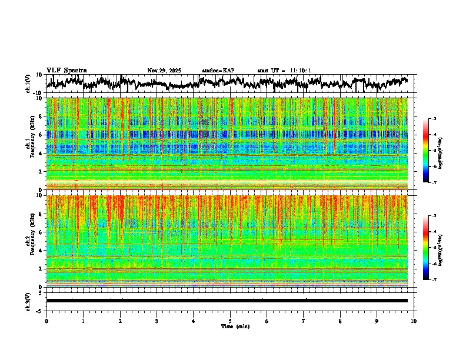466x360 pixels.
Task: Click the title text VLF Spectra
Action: [66, 71]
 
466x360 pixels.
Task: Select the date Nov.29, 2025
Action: [164, 71]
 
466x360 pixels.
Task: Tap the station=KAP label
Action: [218, 71]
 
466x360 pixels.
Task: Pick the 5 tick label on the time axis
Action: [230, 321]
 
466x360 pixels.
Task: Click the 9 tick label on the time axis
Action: [377, 321]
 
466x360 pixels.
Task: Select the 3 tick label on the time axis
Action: [157, 321]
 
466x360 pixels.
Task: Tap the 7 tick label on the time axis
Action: [304, 321]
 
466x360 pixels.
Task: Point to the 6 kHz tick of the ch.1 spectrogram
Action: [41, 135]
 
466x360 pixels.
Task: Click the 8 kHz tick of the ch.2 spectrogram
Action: [41, 214]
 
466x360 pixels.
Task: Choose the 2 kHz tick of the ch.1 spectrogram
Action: [41, 171]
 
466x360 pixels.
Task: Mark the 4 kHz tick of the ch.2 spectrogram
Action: [41, 250]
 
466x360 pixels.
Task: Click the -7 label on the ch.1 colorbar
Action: [435, 183]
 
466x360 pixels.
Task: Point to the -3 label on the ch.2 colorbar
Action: [435, 216]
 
